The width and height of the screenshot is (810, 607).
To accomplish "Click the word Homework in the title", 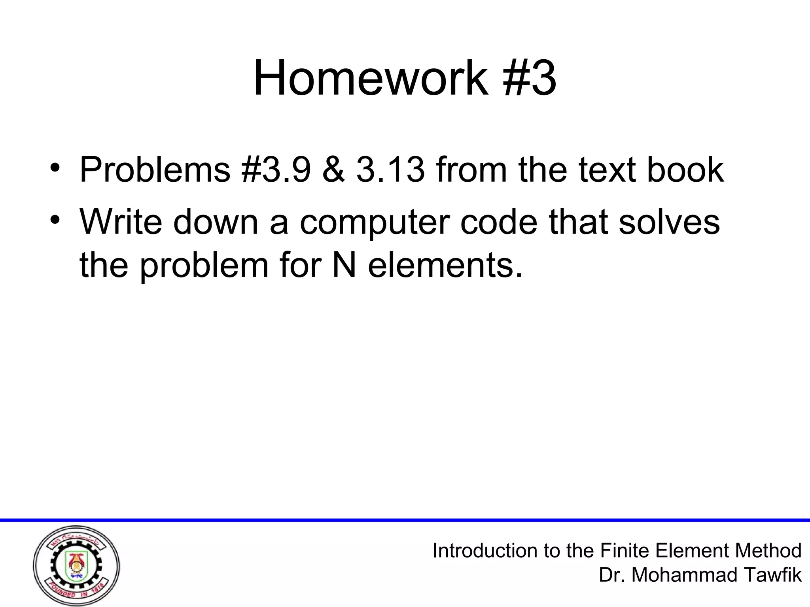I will pyautogui.click(x=371, y=78).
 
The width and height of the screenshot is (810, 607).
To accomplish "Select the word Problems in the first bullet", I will pyautogui.click(x=155, y=170).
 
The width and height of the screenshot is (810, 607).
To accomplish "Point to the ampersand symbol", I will pyautogui.click(x=333, y=170).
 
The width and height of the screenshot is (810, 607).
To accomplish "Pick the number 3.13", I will pyautogui.click(x=390, y=170).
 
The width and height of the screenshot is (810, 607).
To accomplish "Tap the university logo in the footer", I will pyautogui.click(x=76, y=566).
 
